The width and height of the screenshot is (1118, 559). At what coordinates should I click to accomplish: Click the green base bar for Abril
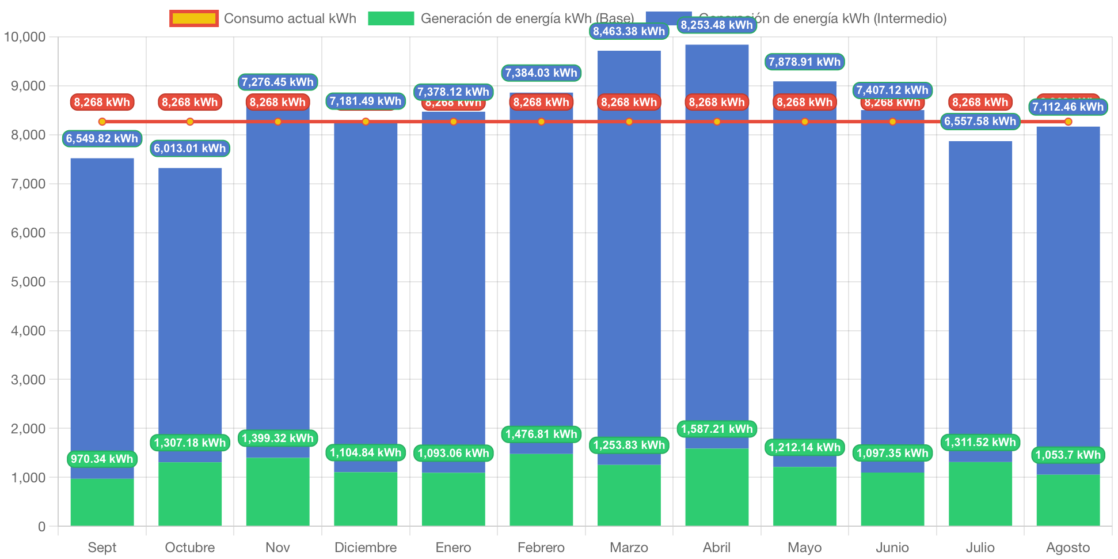pyautogui.click(x=717, y=487)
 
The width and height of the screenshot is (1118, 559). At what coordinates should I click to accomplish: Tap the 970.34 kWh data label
pyautogui.click(x=102, y=459)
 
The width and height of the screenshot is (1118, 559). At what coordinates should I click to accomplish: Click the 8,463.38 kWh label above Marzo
pyautogui.click(x=629, y=31)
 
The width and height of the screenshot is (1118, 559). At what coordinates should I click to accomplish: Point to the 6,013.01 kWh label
pyautogui.click(x=190, y=148)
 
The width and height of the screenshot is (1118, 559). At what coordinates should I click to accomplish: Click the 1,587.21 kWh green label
pyautogui.click(x=717, y=429)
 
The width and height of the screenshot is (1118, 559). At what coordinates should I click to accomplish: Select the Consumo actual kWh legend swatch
pyautogui.click(x=194, y=18)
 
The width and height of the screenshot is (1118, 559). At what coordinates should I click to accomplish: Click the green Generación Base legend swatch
pyautogui.click(x=391, y=18)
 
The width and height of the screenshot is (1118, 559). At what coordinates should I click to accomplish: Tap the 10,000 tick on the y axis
pyautogui.click(x=25, y=37)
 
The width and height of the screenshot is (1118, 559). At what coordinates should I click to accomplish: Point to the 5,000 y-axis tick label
pyautogui.click(x=28, y=282)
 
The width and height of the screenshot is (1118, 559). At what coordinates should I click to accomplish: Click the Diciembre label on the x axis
pyautogui.click(x=366, y=547)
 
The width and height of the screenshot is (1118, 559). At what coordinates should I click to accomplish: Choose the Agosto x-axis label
pyautogui.click(x=1068, y=547)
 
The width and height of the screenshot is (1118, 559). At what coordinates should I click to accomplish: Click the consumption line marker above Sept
pyautogui.click(x=102, y=122)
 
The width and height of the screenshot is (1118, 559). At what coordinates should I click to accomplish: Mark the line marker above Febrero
pyautogui.click(x=541, y=122)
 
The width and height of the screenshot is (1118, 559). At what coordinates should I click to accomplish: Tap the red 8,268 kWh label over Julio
pyautogui.click(x=980, y=102)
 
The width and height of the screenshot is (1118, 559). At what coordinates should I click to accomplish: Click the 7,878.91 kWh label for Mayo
pyautogui.click(x=804, y=62)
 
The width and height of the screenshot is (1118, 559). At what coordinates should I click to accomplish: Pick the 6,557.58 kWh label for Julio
pyautogui.click(x=980, y=121)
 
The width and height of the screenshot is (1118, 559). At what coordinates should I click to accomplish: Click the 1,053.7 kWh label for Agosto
pyautogui.click(x=1068, y=455)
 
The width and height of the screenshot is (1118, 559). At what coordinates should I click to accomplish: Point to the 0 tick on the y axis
pyautogui.click(x=41, y=527)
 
